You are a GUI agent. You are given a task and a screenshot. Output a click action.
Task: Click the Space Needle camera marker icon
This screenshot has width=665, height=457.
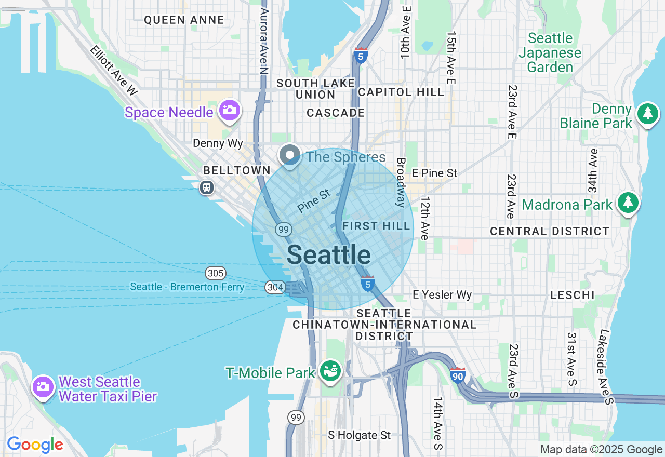point(229,110)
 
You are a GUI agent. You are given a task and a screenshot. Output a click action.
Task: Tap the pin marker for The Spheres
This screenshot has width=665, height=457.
point(290,155)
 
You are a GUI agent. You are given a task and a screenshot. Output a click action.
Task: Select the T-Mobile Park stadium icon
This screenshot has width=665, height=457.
point(330,371)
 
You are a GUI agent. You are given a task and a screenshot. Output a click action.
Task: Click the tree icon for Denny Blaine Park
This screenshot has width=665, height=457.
point(647,113)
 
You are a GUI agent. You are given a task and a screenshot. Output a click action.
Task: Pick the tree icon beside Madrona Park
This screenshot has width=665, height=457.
point(628,203)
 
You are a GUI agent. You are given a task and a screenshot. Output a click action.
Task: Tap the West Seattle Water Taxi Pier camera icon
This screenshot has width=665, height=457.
point(43,386)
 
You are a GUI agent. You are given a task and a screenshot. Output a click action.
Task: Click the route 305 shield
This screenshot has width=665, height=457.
point(215,273)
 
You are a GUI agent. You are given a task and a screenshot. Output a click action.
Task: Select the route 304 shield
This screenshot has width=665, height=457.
point(274,287)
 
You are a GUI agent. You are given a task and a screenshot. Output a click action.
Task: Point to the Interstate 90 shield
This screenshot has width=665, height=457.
point(457,375)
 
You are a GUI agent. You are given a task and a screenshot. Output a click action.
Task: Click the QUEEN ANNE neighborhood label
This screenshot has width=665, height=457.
point(184,20)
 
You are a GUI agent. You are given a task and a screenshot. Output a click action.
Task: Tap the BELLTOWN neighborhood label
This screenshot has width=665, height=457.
point(237,170)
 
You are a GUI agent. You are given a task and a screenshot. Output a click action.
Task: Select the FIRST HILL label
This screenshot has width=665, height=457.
point(376,226)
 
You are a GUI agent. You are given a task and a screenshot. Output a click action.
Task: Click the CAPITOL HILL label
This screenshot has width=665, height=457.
point(402,92)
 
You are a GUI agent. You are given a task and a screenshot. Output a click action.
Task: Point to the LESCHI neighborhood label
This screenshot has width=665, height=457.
point(572,295)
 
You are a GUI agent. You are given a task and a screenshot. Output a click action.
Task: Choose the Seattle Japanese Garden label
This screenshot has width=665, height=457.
point(550,52)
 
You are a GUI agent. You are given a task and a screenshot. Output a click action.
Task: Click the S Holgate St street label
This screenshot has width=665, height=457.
point(359,435)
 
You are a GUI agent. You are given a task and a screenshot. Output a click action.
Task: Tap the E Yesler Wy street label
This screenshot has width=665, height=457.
point(442,295)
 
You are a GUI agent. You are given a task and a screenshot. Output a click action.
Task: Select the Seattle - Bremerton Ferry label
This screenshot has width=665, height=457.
point(187,287)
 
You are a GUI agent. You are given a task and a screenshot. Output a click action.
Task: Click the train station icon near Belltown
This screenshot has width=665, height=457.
point(207,187)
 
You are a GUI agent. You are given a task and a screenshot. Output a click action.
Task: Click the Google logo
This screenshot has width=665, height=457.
point(35,445)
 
